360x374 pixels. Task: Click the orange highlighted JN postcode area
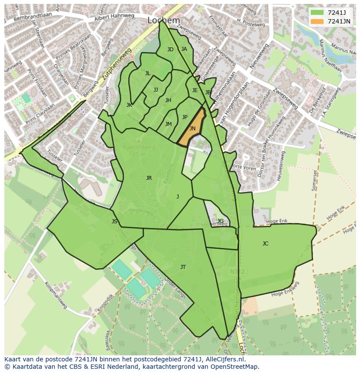coord(192,129)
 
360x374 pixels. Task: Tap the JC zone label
coord(265,244)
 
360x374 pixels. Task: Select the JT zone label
coord(183,267)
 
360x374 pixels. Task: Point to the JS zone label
coord(114,222)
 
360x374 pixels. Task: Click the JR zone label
coord(149,178)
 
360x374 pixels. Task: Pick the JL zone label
coord(148,73)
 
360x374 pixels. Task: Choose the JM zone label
coord(168,124)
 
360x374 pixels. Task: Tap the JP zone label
coord(185,117)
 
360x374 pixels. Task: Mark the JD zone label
coord(170,50)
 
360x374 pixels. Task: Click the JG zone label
coord(220,221)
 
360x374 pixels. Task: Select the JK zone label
coord(129,105)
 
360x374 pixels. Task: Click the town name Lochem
coord(163,20)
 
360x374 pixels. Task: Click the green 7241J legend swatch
coord(317,13)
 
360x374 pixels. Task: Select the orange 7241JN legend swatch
coord(317,21)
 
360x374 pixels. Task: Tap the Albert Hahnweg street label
coord(114,16)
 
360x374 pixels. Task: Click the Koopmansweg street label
coord(56,295)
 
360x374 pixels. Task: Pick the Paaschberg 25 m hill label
coord(138,150)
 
